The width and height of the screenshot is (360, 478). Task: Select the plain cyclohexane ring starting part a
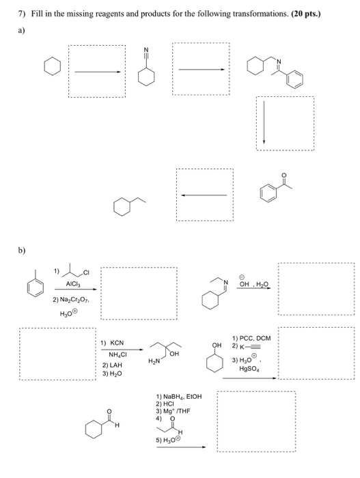pyautogui.click(x=51, y=68)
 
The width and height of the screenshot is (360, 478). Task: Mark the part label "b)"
pyautogui.click(x=12, y=251)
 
